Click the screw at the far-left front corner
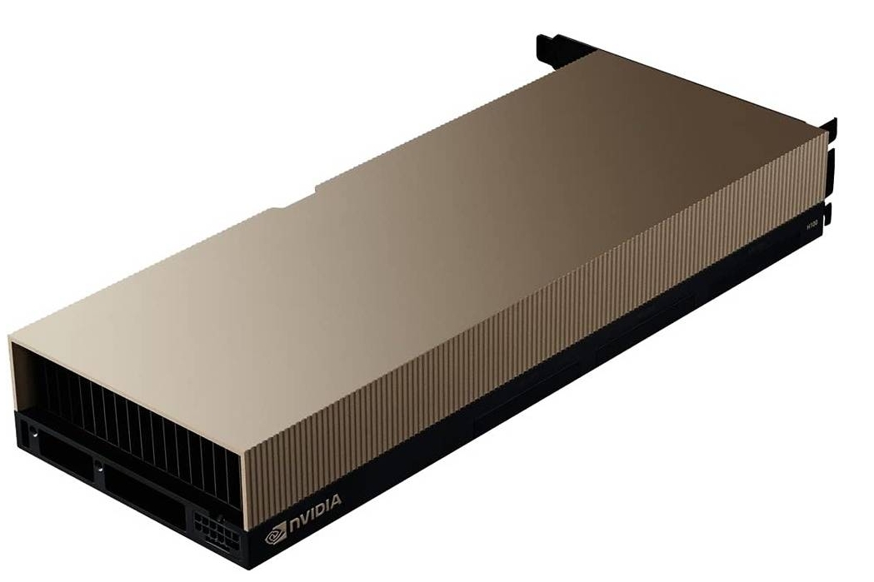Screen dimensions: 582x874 (34, 433)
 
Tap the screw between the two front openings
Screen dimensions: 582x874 (99, 465)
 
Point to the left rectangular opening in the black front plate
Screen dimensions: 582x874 (63, 457)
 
